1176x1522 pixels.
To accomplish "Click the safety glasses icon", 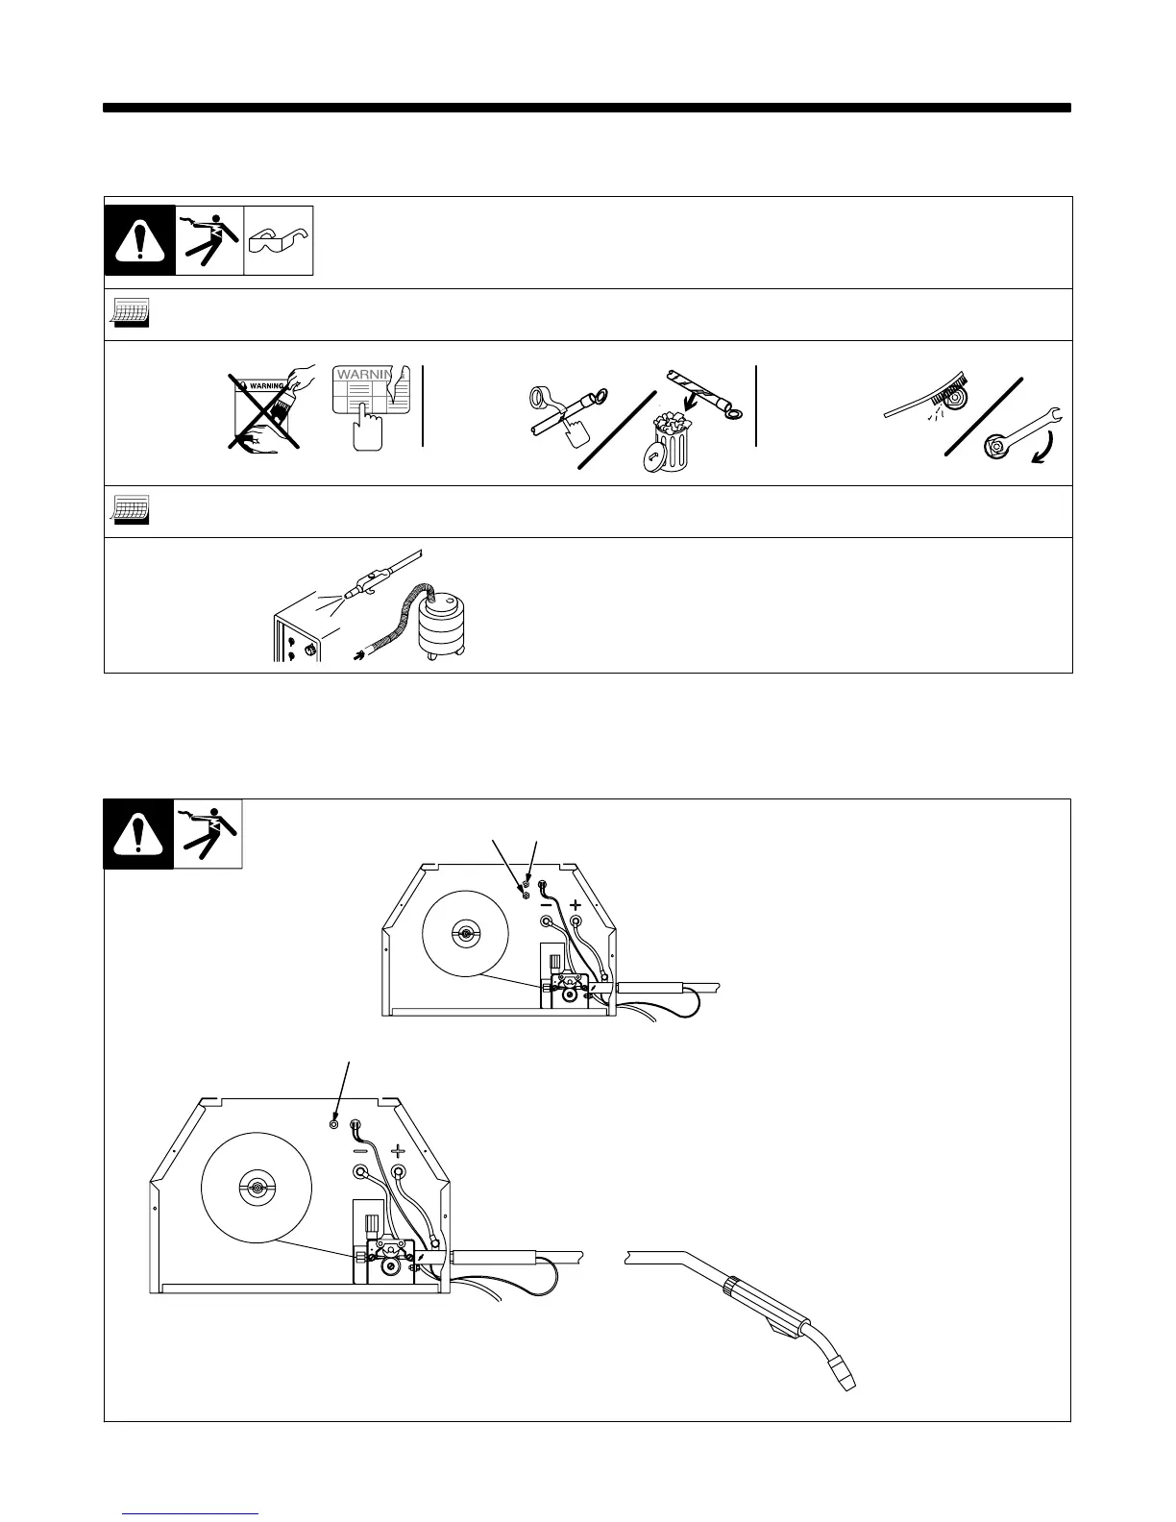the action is pos(279,240).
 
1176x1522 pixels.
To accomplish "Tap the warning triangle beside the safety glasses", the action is pos(139,240).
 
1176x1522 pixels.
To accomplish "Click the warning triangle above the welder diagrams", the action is pos(138,834).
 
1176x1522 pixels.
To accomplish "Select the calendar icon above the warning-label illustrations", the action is pos(128,314).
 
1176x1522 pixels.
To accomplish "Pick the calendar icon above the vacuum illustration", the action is pos(128,511).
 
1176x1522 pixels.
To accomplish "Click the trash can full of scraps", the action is pos(666,450).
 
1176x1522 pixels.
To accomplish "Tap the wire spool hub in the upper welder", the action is pos(465,934).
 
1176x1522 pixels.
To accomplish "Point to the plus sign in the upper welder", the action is pos(576,904).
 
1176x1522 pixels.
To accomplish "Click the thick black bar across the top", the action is pos(587,108).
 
